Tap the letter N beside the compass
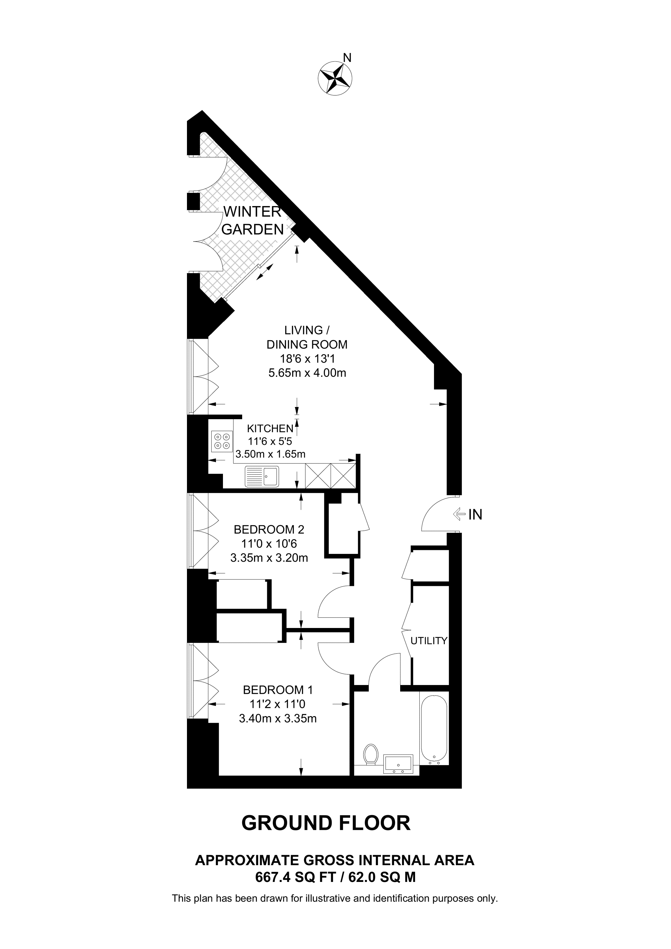(x=348, y=58)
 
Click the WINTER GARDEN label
(x=253, y=220)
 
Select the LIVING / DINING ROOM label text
(x=307, y=337)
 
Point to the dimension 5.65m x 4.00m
(x=307, y=373)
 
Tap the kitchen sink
(x=262, y=476)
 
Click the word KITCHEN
(x=270, y=428)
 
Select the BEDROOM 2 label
(x=269, y=529)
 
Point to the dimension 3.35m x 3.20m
(x=269, y=558)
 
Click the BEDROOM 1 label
(x=278, y=690)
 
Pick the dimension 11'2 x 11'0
(x=278, y=704)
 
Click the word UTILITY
(x=429, y=641)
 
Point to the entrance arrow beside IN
(x=459, y=514)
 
